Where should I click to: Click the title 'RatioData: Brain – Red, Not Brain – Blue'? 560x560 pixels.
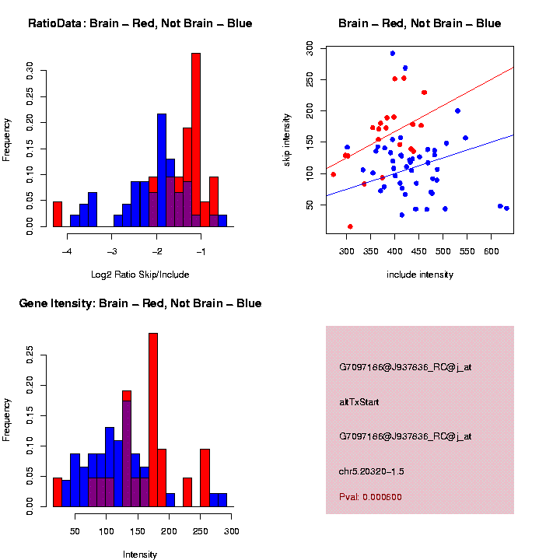coord(140,23)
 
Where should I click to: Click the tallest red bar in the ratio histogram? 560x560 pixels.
coord(196,140)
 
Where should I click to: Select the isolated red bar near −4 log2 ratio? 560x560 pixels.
coord(58,214)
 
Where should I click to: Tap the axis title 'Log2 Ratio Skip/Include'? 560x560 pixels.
coord(140,275)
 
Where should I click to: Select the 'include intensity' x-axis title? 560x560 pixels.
coord(420,275)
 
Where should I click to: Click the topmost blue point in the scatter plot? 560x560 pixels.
coord(393,54)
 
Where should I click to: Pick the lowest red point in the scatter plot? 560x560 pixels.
coord(350,226)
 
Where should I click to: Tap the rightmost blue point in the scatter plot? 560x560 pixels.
coord(506,208)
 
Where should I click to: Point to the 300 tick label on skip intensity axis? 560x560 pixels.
coord(310,48)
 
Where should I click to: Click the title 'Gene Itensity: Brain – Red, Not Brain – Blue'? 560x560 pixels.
coord(140,303)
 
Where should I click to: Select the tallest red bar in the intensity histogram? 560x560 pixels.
coord(153,420)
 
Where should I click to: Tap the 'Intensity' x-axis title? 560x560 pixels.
coord(140,555)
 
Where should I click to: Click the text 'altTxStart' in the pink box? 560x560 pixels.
coord(359,402)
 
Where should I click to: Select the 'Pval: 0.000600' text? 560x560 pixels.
coord(370,497)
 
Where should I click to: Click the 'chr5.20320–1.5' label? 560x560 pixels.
coord(372,471)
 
